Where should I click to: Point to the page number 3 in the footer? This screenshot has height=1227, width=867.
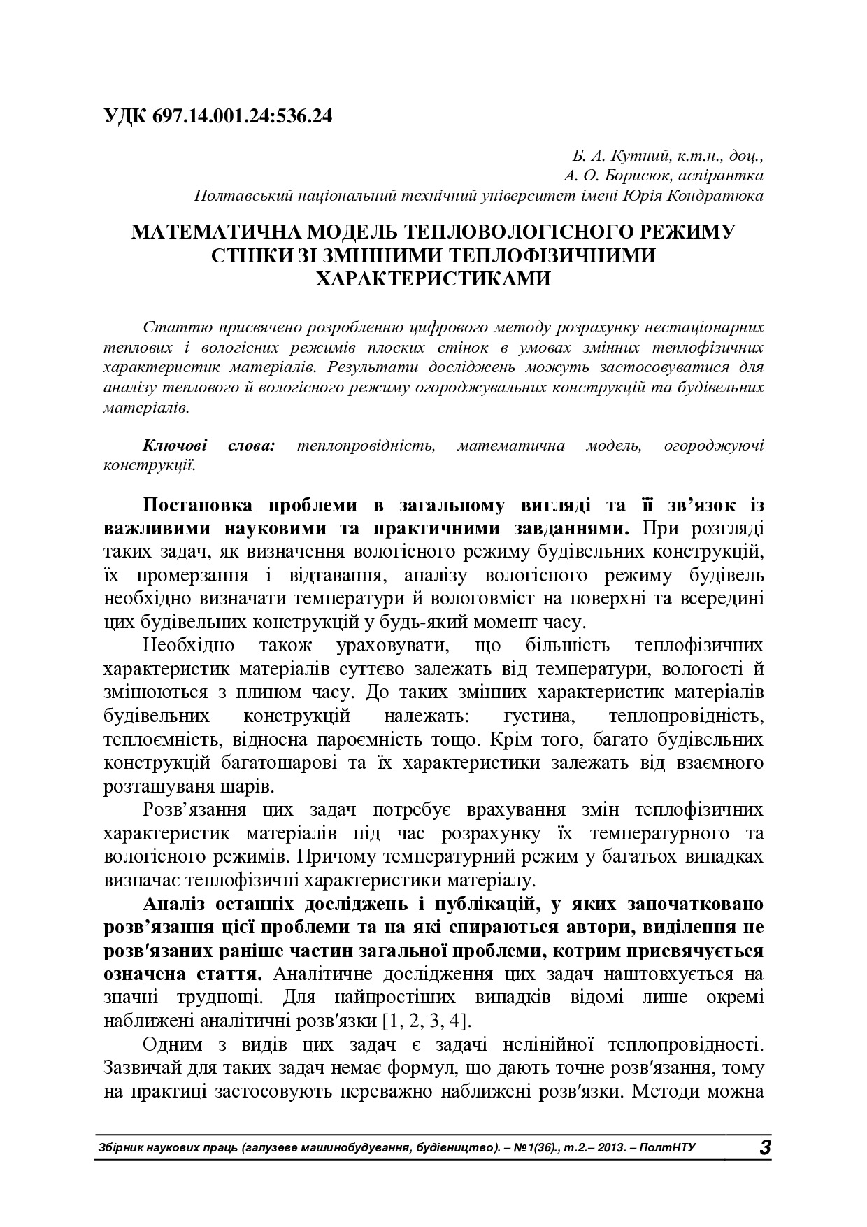click(x=764, y=1148)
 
